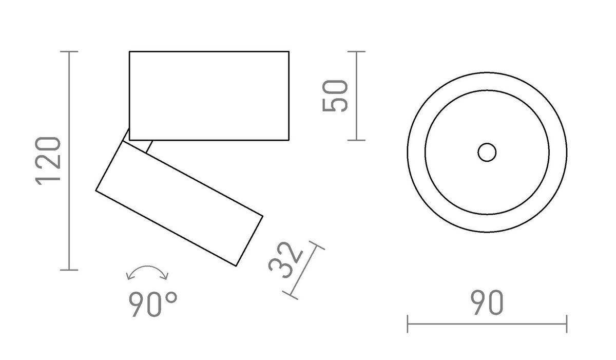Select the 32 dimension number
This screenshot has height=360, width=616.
click(284, 260)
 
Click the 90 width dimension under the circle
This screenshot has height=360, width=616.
click(487, 303)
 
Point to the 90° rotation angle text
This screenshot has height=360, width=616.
click(152, 305)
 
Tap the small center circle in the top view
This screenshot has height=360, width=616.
click(487, 153)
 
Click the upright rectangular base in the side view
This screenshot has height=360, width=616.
click(209, 96)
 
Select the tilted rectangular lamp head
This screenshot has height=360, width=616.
click(180, 203)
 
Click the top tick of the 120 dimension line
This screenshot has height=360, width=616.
click(69, 52)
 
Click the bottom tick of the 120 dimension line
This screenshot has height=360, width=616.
click(69, 269)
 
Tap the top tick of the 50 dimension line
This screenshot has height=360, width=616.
click(356, 52)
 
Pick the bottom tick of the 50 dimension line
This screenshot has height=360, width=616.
click(356, 140)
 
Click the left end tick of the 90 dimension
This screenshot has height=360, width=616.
click(408, 324)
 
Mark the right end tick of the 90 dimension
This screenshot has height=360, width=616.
click(566, 324)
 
